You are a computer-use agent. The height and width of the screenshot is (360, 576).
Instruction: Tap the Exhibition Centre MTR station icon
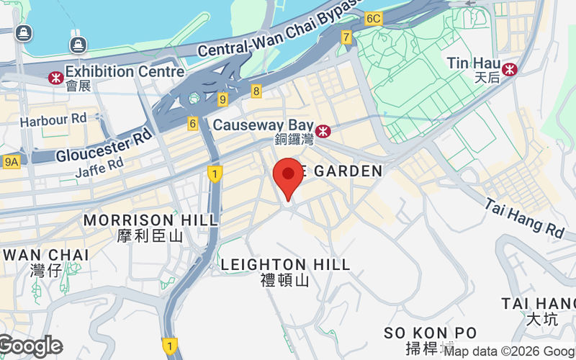55,76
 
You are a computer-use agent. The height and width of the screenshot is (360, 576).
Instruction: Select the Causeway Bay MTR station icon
323,130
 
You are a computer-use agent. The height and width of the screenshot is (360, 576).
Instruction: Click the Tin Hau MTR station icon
510,68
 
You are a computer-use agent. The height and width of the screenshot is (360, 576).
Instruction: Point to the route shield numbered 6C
373,18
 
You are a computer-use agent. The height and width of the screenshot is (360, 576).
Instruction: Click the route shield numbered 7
346,37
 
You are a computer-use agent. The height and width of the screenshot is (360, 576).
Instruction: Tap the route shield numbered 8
256,91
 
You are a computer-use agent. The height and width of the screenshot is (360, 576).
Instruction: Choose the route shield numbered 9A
11,162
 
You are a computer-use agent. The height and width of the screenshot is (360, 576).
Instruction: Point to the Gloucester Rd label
104,145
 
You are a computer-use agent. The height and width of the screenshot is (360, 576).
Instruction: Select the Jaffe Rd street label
99,166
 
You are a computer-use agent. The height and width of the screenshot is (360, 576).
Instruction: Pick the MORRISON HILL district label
150,220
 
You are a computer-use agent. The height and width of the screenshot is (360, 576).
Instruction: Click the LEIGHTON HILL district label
285,265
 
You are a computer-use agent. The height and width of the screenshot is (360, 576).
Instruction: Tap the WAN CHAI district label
46,254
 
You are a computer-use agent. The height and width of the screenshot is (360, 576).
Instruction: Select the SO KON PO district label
430,333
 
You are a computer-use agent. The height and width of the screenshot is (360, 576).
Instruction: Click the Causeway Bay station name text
263,125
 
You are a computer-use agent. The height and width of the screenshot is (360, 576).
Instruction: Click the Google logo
31,346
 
